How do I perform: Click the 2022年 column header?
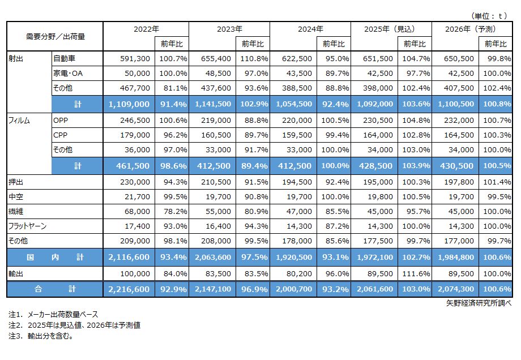[x=147, y=29]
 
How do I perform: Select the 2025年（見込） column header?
[x=390, y=29]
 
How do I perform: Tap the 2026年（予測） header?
[x=472, y=29]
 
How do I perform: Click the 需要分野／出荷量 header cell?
[x=55, y=36]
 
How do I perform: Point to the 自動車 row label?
[x=64, y=58]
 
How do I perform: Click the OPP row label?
[x=61, y=121]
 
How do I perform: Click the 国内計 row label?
[x=55, y=257]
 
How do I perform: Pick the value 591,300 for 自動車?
[x=134, y=58]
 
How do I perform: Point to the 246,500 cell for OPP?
[x=134, y=121]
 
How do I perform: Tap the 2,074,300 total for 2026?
[x=454, y=289]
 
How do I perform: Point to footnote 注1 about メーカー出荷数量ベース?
[x=57, y=314]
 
